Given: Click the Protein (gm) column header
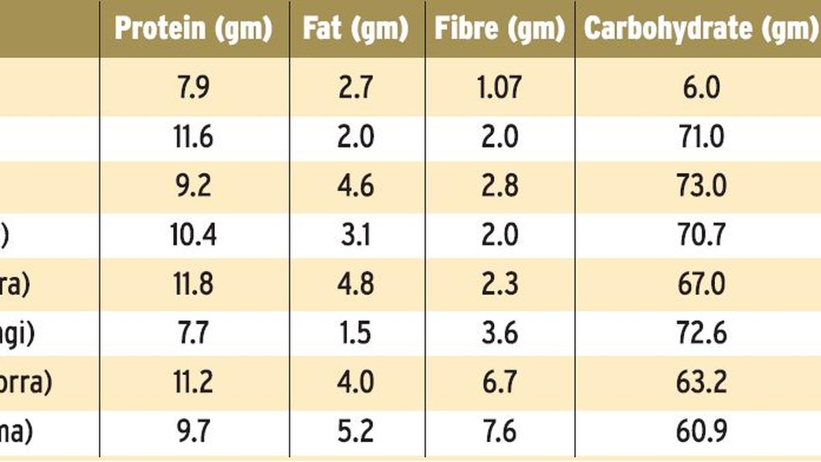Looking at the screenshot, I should [x=193, y=29].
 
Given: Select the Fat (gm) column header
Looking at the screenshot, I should [x=356, y=29].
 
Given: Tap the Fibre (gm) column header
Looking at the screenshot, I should [x=499, y=29].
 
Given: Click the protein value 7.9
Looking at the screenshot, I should [x=193, y=88].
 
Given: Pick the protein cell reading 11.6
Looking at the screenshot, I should [x=193, y=137].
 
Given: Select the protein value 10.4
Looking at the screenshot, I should [x=193, y=235].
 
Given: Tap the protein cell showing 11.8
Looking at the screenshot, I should [x=193, y=284].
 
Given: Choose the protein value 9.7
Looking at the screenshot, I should [x=193, y=432].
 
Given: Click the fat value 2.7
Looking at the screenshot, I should [x=356, y=88].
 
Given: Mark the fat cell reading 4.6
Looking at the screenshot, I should [x=356, y=186].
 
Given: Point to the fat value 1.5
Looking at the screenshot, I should [x=356, y=333].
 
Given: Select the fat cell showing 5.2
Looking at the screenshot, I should [x=356, y=432].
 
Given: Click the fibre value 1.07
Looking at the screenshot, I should [x=499, y=88].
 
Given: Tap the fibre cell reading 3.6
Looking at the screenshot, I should [x=499, y=333].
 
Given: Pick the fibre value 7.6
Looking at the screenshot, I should [x=499, y=432].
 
